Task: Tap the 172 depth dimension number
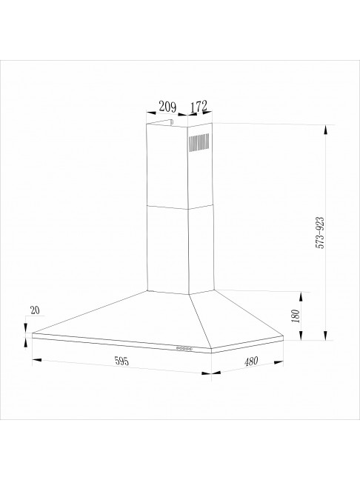(198, 107)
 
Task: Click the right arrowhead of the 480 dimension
(284, 361)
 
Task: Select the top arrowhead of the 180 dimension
(302, 292)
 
